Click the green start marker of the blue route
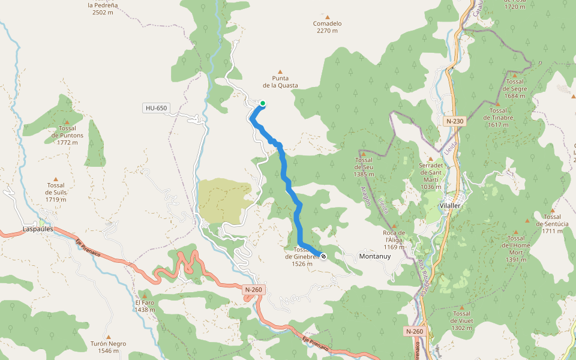pyautogui.click(x=262, y=103)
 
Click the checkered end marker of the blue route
pyautogui.click(x=323, y=256)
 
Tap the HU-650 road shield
pyautogui.click(x=156, y=108)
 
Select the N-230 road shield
pyautogui.click(x=455, y=121)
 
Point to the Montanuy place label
pyautogui.click(x=374, y=256)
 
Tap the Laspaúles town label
pyautogui.click(x=38, y=229)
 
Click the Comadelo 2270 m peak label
pyautogui.click(x=328, y=27)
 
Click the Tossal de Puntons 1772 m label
pyautogui.click(x=68, y=136)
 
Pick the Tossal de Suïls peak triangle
pyautogui.click(x=56, y=178)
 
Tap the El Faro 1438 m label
pyautogui.click(x=145, y=306)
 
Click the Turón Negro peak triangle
pyautogui.click(x=108, y=337)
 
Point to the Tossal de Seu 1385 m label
pyautogui.click(x=364, y=167)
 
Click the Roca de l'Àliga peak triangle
pyautogui.click(x=394, y=225)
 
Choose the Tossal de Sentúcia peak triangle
pyautogui.click(x=551, y=209)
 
